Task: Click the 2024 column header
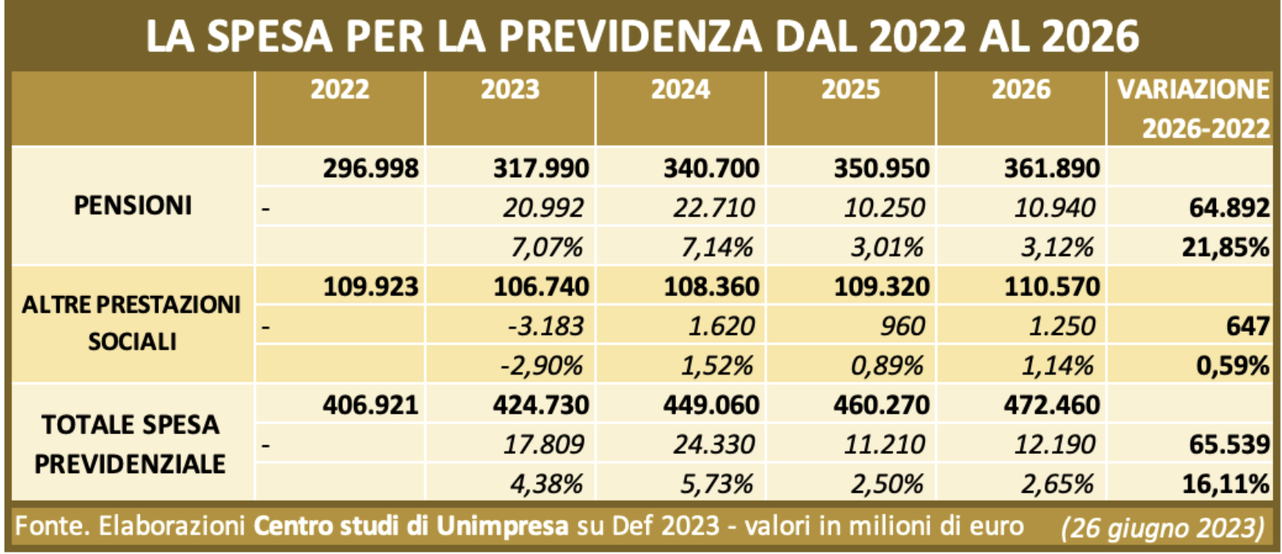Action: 681,90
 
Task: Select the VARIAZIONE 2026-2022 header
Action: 1193,108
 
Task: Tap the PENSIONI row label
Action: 133,206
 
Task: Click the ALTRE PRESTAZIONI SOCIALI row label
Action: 131,323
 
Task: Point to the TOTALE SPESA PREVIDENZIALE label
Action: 130,444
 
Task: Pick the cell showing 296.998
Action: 370,168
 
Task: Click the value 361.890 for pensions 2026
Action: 1052,168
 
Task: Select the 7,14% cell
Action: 716,247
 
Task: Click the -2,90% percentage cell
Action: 542,366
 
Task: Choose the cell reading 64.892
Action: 1228,208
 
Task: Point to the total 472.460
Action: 1052,406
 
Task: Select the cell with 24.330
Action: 713,444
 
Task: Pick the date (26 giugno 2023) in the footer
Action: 1162,528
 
